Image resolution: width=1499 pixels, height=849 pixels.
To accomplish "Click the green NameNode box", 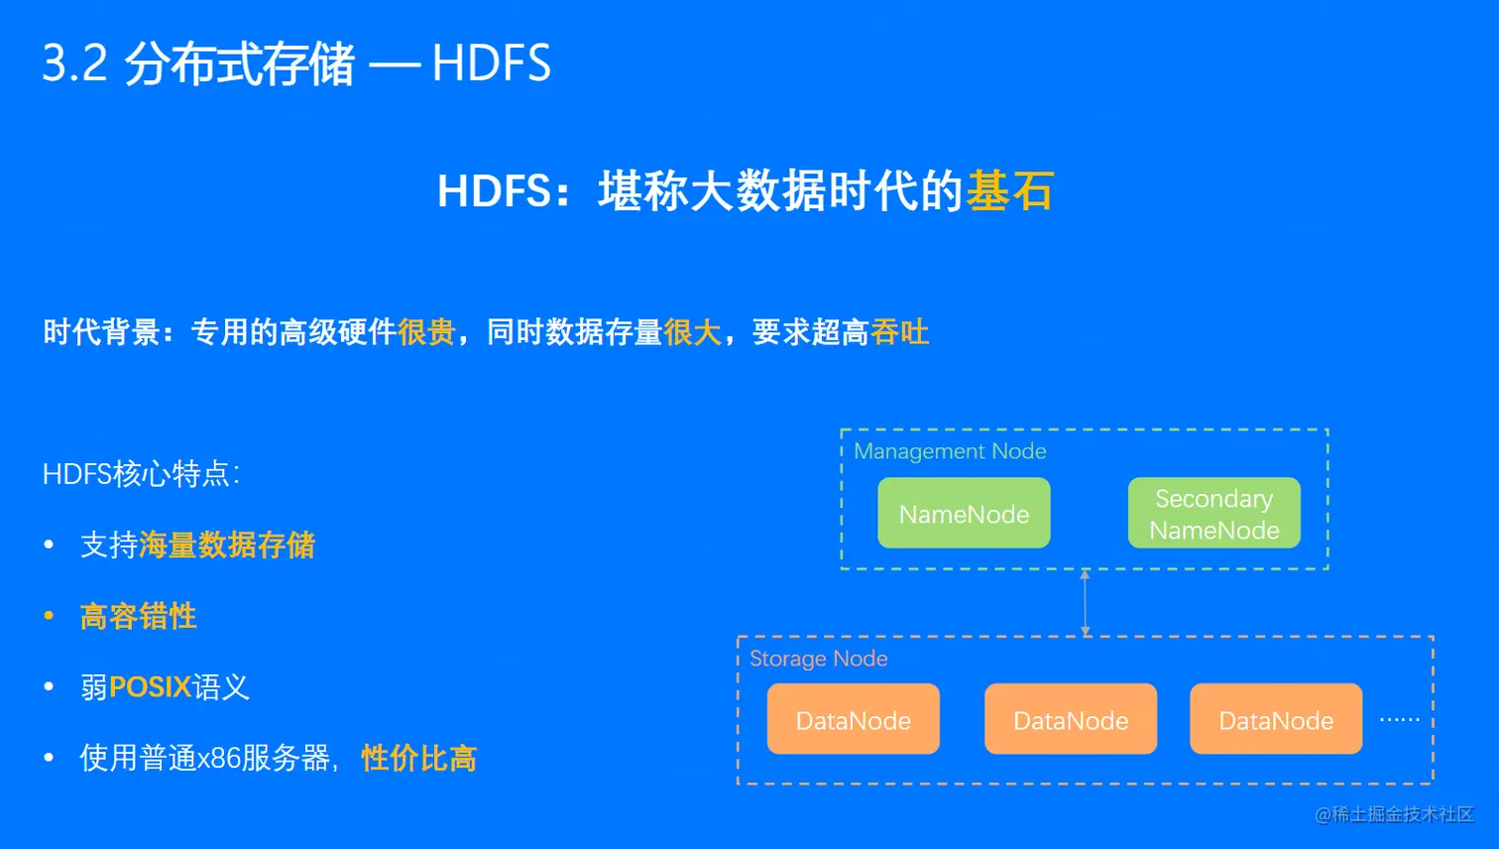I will point(964,513).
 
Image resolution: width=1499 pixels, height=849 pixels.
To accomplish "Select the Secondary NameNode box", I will point(1213,513).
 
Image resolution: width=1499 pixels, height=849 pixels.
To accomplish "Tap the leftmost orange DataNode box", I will point(853,719).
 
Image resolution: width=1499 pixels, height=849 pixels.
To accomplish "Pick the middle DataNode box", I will point(1071,719).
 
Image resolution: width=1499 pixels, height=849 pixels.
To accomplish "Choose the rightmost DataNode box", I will point(1276,719).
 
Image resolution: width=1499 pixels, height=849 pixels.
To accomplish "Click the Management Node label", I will point(950,451).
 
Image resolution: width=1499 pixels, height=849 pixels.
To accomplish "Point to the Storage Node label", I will point(818,659).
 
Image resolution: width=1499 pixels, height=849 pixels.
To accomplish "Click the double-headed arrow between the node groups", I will point(1085,602).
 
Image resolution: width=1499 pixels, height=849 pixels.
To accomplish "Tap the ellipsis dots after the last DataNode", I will point(1399,719).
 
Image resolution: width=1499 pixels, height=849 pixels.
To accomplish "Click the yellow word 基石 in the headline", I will point(1010,190).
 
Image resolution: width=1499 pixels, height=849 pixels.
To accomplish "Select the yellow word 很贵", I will point(426,332).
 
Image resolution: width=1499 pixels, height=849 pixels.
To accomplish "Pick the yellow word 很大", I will point(692,332).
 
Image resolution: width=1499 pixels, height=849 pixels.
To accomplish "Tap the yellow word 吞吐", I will point(899,332).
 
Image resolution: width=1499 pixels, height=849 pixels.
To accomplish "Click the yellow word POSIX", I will point(150,686).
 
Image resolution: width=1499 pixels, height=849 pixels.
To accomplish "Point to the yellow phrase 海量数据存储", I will point(227,545).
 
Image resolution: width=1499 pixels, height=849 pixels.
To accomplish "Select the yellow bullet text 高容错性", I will point(138,616).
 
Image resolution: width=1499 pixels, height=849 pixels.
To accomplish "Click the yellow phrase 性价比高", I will point(418,759).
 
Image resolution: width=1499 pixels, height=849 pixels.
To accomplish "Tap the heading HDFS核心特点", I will point(140,474).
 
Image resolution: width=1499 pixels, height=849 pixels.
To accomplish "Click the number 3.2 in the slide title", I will point(74,63).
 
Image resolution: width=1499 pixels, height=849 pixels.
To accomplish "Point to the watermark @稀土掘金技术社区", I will point(1394,814).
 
